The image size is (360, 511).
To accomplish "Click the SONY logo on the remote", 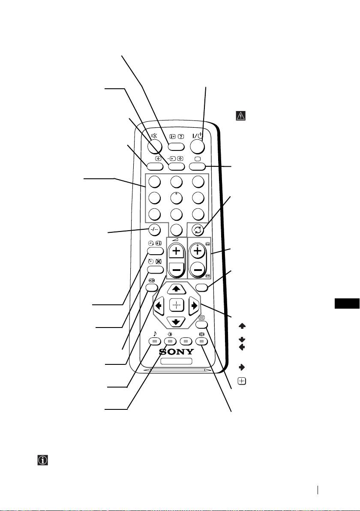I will point(176,352).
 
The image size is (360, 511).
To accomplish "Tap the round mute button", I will point(155,147).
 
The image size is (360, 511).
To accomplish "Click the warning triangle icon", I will point(239,116).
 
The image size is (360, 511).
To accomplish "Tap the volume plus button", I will point(176,252).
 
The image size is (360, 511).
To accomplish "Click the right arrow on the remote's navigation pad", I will point(194,306).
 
